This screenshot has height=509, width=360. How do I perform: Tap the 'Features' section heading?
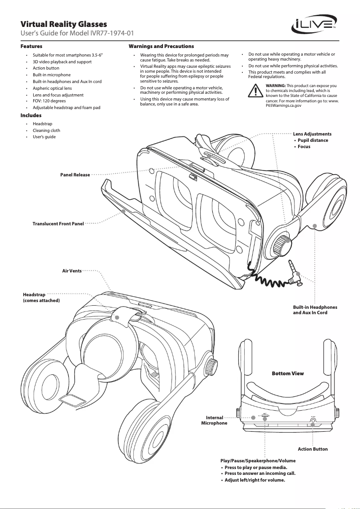[31, 46]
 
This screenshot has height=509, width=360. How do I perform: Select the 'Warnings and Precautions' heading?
[161, 46]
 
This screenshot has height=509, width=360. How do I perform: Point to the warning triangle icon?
[255, 91]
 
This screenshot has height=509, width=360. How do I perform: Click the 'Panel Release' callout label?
[75, 174]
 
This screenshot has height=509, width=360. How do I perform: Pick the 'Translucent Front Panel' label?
[58, 223]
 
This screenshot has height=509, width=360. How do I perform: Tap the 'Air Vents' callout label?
[72, 271]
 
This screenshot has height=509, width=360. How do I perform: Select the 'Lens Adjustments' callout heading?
[312, 134]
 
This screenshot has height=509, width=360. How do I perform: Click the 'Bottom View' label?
[288, 373]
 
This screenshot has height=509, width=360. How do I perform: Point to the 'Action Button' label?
[312, 449]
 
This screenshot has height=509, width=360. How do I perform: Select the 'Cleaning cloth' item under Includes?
[46, 130]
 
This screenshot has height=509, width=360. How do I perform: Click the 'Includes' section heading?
[31, 115]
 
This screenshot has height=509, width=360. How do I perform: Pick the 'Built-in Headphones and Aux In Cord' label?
[315, 310]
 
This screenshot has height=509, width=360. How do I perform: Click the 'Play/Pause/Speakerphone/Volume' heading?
[258, 461]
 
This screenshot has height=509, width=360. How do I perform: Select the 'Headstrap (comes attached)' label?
[41, 298]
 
